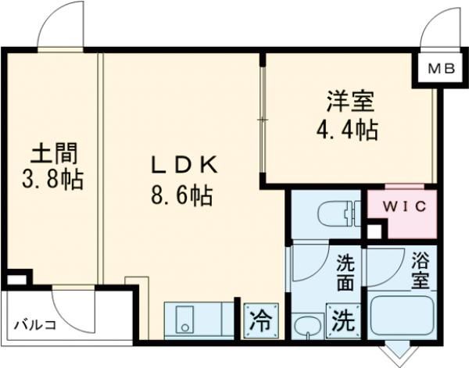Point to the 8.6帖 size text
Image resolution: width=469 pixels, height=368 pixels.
click(181, 193)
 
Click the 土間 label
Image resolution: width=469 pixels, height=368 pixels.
click(52, 151)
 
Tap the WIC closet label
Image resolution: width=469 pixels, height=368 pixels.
click(401, 207)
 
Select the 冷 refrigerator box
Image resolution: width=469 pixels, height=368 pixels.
click(260, 320)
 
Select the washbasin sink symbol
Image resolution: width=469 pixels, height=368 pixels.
click(306, 324)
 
